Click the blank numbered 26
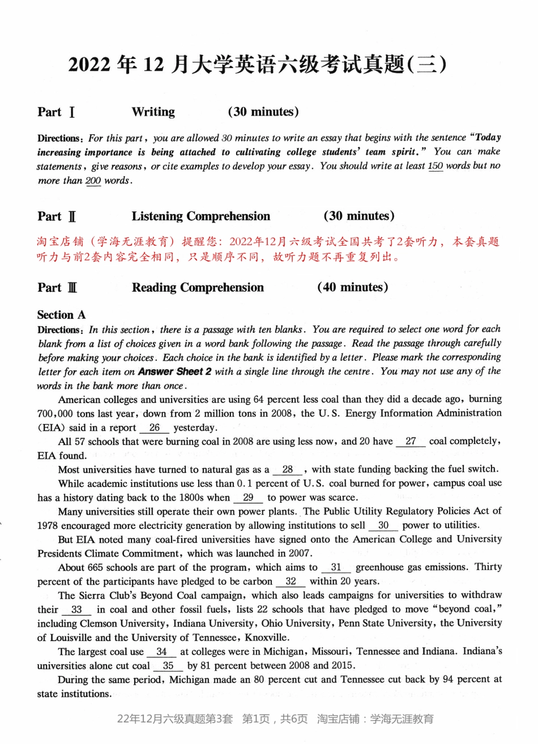click(x=155, y=428)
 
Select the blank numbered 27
click(x=411, y=442)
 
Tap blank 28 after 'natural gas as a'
click(x=288, y=470)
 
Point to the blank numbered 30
click(x=383, y=525)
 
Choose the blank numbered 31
click(x=336, y=567)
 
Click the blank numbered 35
click(x=168, y=666)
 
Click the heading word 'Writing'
click(x=153, y=112)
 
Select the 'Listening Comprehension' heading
click(x=201, y=216)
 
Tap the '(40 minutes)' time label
click(x=352, y=288)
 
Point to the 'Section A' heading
click(x=61, y=315)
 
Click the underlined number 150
click(x=435, y=166)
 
